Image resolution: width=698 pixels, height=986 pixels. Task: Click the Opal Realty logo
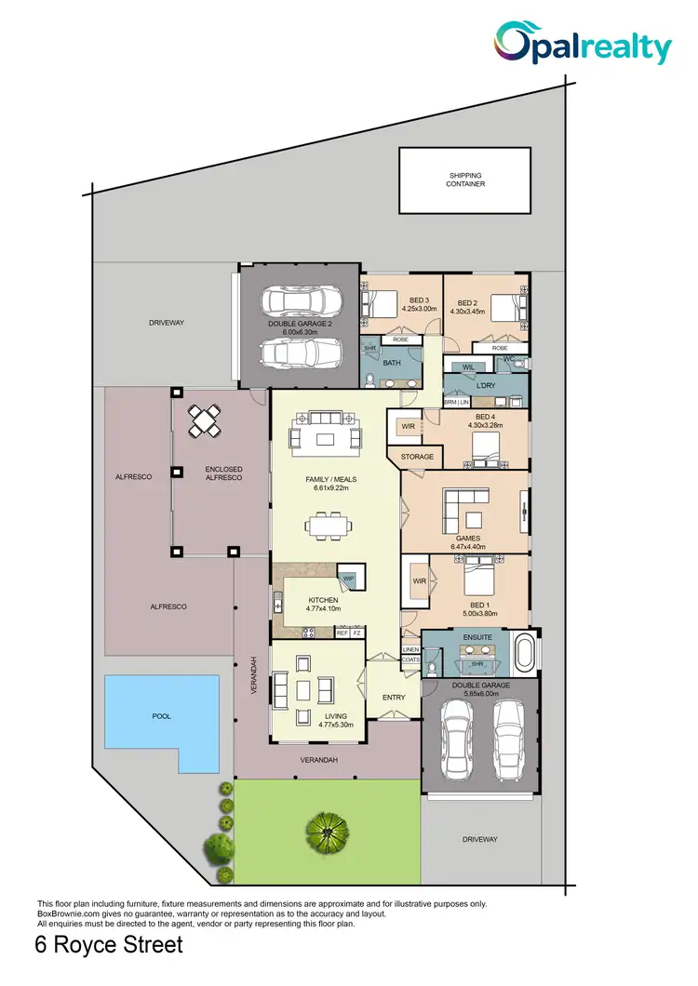583,44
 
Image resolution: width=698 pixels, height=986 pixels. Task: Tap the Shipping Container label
466,180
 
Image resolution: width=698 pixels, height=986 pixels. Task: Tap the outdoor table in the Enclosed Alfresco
206,421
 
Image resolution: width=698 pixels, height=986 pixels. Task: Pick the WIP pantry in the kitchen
349,579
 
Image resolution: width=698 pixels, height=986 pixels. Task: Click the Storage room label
418,458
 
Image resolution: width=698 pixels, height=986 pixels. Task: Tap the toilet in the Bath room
370,379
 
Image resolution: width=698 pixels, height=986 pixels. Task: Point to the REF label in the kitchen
342,633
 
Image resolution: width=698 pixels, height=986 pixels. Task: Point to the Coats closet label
410,659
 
